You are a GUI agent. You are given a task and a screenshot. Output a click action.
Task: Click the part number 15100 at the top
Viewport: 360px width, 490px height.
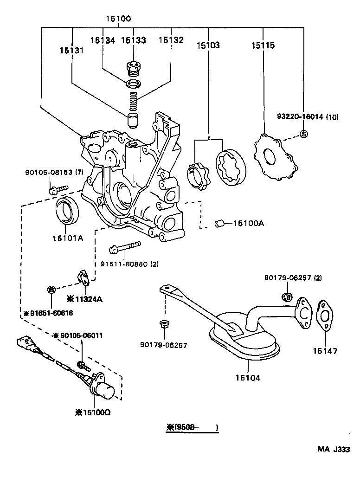tap(117, 19)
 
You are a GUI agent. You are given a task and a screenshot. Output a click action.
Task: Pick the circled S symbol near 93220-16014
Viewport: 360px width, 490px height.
tap(303, 134)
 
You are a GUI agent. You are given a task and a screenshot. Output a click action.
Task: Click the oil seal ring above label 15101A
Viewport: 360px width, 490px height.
tap(67, 211)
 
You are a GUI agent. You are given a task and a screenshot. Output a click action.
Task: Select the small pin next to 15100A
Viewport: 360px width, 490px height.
tap(219, 224)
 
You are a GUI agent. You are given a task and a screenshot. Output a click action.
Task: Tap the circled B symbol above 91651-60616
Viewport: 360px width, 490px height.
tap(52, 290)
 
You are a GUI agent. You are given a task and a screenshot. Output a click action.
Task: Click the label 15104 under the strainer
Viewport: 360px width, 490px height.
tap(248, 377)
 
